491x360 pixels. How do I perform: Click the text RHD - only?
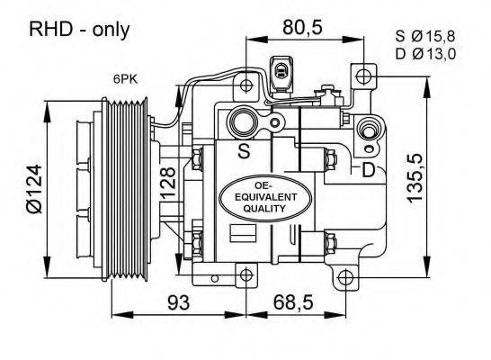[80, 30]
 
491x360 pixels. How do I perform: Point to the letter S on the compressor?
[244, 151]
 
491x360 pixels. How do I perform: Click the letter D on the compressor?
[368, 168]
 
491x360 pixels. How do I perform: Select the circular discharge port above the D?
[368, 132]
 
